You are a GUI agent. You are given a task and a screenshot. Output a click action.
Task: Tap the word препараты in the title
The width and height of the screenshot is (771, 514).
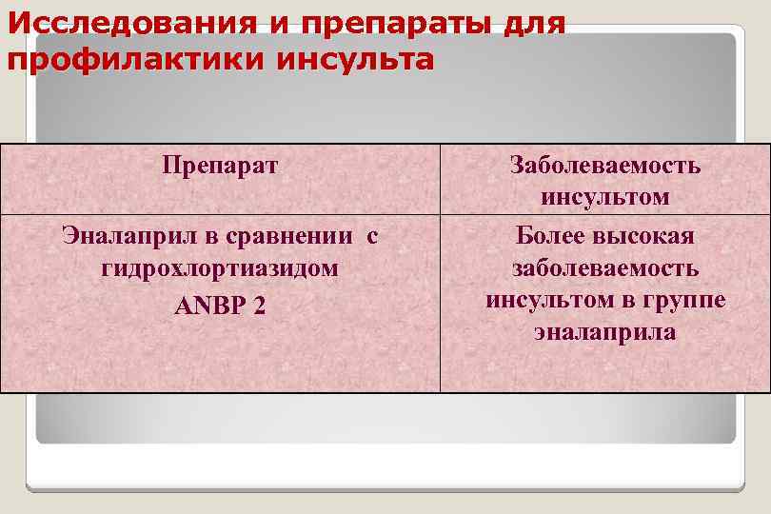360,22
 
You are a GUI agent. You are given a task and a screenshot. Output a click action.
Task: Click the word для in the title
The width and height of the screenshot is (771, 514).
524,22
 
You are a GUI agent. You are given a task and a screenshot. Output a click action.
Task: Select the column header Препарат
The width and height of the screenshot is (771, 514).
220,166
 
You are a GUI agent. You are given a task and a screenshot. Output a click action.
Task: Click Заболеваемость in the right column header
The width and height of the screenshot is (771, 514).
605,166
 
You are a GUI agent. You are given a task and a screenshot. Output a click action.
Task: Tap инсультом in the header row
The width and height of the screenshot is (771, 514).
605,198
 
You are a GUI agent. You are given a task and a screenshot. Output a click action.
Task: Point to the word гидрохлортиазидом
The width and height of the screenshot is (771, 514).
220,267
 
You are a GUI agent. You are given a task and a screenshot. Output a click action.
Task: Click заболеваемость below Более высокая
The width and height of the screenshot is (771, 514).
605,267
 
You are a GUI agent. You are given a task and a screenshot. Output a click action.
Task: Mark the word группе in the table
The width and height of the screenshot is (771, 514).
690,300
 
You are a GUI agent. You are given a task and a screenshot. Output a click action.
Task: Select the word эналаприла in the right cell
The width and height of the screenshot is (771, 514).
605,332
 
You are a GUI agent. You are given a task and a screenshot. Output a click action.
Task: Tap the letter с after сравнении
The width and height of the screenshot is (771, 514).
372,234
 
